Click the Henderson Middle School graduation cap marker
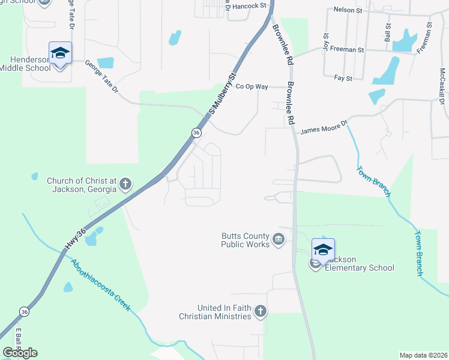(60, 53)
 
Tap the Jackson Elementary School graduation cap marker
(322, 250)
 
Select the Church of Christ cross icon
(125, 184)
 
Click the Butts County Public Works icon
(279, 240)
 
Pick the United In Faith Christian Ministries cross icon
(260, 311)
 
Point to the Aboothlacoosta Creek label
(101, 285)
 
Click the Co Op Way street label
(252, 86)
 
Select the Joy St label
(326, 41)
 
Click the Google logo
(20, 353)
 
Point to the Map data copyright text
(423, 355)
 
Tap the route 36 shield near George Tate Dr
(196, 132)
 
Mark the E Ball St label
(19, 341)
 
